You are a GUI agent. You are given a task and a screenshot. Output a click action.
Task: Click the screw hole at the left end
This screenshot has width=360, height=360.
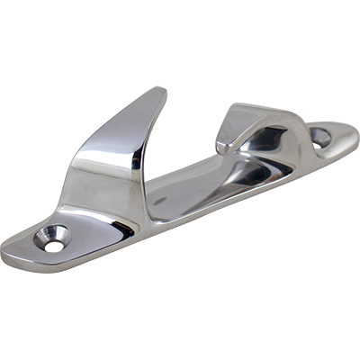pyautogui.click(x=51, y=238)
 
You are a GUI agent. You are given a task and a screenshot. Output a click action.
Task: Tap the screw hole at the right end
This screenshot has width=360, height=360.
pyautogui.click(x=320, y=137)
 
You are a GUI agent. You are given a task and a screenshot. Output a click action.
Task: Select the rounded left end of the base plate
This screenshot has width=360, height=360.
pyautogui.click(x=11, y=254)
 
